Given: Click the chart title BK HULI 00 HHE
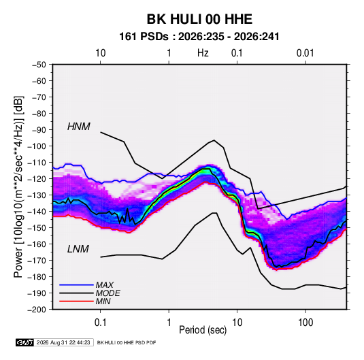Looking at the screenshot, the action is (199, 19).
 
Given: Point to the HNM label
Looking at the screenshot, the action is (79, 127).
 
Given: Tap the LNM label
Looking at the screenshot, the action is (78, 249).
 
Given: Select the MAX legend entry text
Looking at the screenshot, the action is (105, 285).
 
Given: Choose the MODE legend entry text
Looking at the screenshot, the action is (107, 293).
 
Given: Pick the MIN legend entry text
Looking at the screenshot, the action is (103, 301).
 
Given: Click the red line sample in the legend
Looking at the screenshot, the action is (76, 301).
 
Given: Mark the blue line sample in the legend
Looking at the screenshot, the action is (76, 284).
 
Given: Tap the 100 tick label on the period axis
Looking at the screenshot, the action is (305, 322).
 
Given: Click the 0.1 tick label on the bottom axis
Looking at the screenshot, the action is (100, 322).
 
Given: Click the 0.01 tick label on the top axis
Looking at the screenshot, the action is (305, 53).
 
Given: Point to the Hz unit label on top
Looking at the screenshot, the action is (203, 53).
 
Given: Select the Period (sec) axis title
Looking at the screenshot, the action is (203, 330).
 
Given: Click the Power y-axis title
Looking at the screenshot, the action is (18, 186).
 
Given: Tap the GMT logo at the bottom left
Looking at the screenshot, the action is (25, 342).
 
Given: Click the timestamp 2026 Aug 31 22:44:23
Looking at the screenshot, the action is (63, 342).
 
